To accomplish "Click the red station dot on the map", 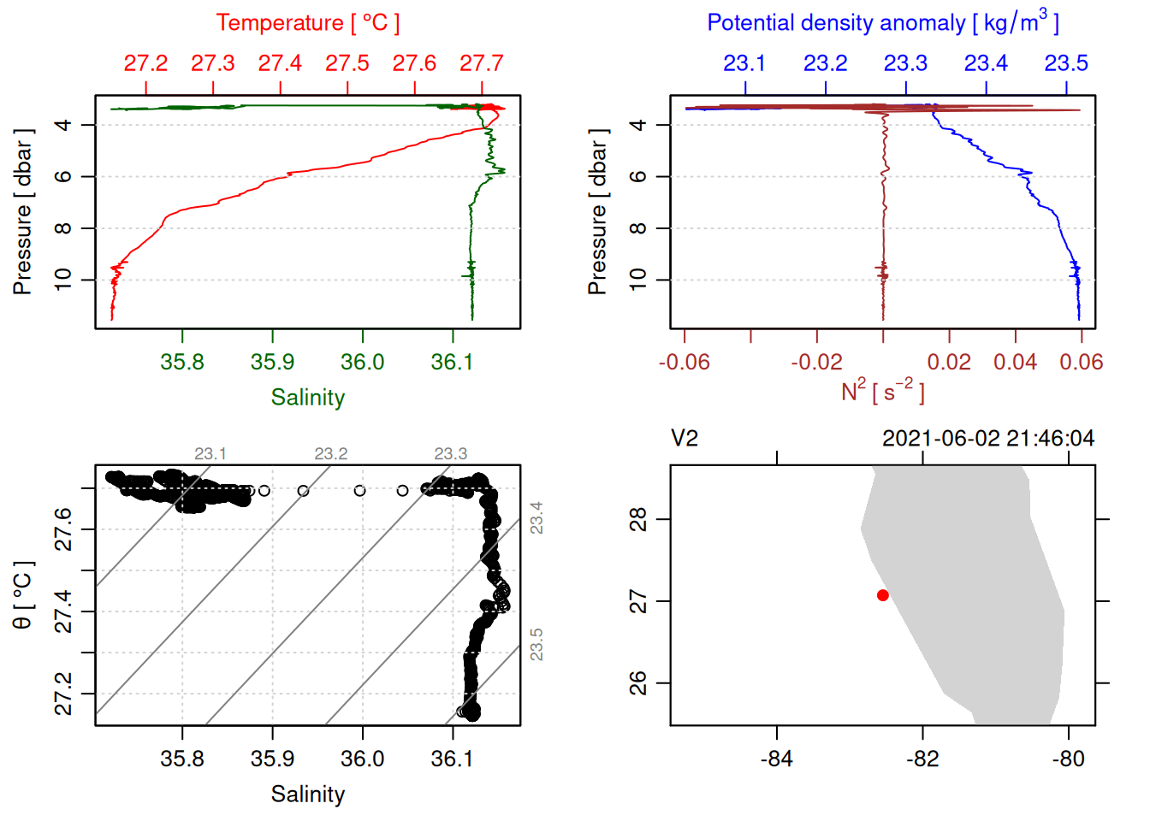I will coord(882,595).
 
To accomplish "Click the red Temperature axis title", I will coord(307,23).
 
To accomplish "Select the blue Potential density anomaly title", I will coord(882,22).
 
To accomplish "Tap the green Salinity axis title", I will coord(307,398).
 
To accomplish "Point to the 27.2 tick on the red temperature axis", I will coord(145,63).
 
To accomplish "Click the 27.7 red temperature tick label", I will coord(481,63).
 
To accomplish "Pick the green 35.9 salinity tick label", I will coord(272,362).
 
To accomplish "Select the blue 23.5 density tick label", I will coord(1066,63).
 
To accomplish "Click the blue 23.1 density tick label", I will coord(744,63).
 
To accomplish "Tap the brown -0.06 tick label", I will coord(684,362).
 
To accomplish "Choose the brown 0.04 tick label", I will coord(1015,362).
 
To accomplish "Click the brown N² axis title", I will coord(882,391).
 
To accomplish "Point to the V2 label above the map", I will coord(685,439).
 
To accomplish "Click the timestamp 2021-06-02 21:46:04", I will coord(987,439).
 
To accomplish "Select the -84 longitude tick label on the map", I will coord(776,759).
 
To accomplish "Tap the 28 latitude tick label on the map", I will coord(638,519).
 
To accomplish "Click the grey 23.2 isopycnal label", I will coord(330,453).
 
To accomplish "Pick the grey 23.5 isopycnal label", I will coord(536,645).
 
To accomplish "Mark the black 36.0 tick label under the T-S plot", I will coord(362,759).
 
